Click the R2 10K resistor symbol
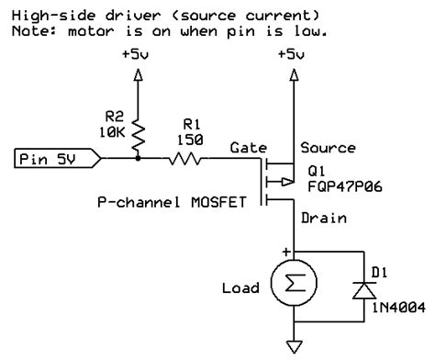coord(138,133)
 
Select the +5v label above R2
coord(137,55)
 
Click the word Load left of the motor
coord(241,287)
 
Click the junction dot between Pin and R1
coord(138,159)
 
